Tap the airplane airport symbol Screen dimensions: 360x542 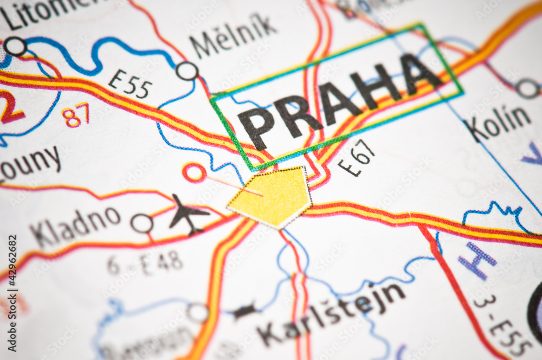[187, 213]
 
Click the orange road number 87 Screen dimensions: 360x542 [75, 115]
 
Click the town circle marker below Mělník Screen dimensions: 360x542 [187, 71]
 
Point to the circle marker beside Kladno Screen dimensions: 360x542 [142, 223]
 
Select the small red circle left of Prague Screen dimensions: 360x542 [194, 173]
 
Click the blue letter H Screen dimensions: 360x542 [477, 261]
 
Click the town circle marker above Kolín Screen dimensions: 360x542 [527, 88]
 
